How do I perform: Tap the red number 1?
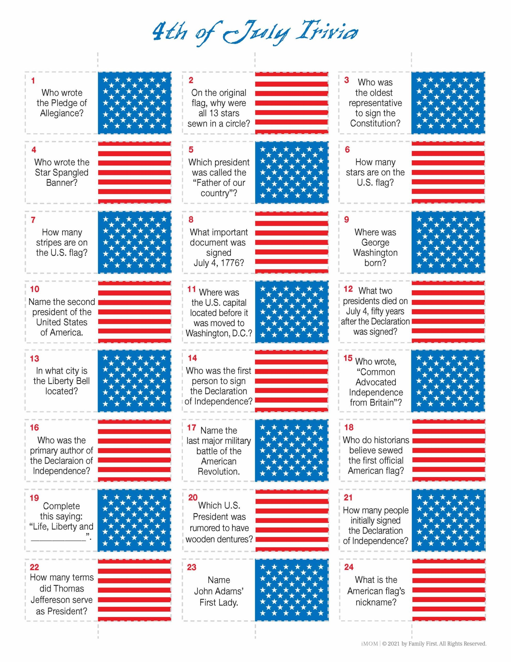tap(33, 81)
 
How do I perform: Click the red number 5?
tap(191, 150)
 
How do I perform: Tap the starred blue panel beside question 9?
tap(448, 242)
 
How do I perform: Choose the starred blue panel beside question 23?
tap(292, 590)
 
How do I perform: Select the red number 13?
tap(35, 359)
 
